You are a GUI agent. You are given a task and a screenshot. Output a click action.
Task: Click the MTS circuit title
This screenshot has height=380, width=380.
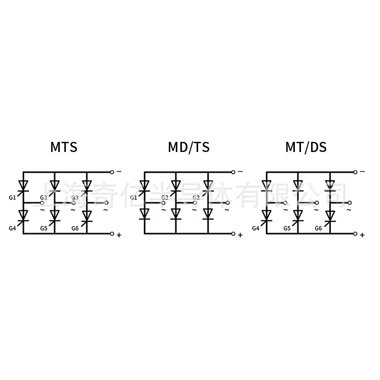pyautogui.click(x=64, y=147)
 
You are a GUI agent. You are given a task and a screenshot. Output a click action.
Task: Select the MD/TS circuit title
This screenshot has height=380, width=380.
pyautogui.click(x=188, y=147)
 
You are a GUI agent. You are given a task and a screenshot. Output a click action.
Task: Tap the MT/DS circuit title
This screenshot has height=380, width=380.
pyautogui.click(x=306, y=147)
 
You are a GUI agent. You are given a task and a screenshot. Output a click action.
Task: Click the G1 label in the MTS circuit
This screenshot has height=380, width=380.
pyautogui.click(x=13, y=197)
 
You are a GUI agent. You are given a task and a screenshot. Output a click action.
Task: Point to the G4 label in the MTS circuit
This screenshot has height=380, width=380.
pyautogui.click(x=13, y=229)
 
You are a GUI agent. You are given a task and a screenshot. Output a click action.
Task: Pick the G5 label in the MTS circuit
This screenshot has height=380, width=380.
pyautogui.click(x=44, y=229)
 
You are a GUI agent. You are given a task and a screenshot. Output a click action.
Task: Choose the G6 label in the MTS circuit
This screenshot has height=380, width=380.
pyautogui.click(x=75, y=229)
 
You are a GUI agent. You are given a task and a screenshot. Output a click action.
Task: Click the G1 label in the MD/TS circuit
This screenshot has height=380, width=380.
pyautogui.click(x=134, y=197)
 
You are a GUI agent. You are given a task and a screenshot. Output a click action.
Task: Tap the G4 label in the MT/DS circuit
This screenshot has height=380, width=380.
pyautogui.click(x=255, y=229)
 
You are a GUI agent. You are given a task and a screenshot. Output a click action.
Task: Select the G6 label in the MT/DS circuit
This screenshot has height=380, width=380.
pyautogui.click(x=318, y=229)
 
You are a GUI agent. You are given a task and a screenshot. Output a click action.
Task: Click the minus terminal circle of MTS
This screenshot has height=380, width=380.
pyautogui.click(x=111, y=172)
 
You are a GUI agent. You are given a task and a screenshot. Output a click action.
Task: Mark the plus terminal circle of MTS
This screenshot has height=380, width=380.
pyautogui.click(x=111, y=234)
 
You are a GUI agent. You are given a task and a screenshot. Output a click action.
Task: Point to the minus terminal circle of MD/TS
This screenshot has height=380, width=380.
pyautogui.click(x=233, y=172)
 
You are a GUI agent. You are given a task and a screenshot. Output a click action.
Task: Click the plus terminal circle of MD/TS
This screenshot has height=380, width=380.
pyautogui.click(x=233, y=234)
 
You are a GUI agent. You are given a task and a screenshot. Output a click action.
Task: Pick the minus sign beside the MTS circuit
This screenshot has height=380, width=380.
pyautogui.click(x=119, y=172)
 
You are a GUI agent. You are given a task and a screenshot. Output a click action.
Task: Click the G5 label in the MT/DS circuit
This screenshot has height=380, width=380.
pyautogui.click(x=287, y=229)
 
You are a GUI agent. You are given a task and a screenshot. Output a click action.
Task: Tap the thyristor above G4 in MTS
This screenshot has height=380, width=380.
pyautogui.click(x=23, y=217)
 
